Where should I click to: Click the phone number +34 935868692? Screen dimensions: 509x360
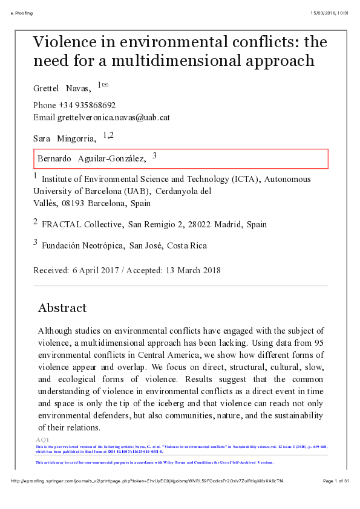tap(87, 105)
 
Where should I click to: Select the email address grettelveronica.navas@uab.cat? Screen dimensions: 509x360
tap(113, 117)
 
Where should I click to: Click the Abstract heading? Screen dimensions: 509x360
tap(62, 308)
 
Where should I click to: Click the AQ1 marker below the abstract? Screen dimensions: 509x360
tap(42, 439)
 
